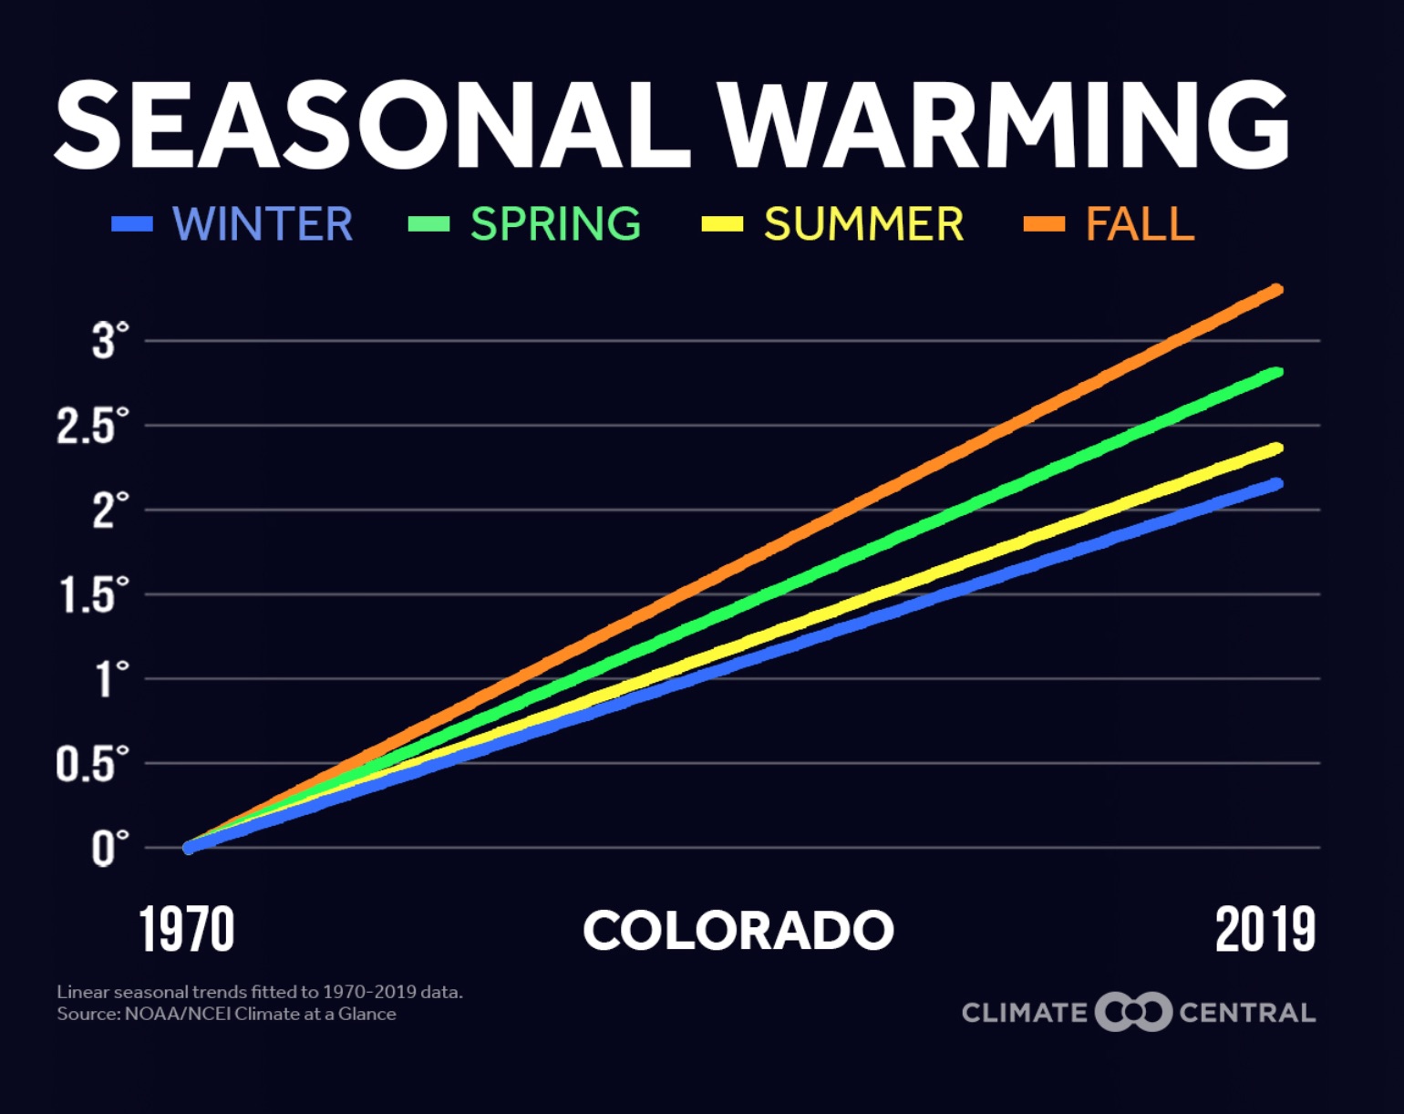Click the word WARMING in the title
click(1003, 126)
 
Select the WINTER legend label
click(263, 224)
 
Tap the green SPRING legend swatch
click(428, 224)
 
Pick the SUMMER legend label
click(863, 224)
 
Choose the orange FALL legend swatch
click(1044, 224)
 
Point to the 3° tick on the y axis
click(109, 341)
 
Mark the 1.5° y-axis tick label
click(94, 594)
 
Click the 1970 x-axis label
click(187, 930)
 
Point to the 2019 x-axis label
click(1265, 930)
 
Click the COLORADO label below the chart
click(738, 931)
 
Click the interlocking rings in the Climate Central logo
click(1132, 1012)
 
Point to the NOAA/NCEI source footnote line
click(226, 1014)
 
